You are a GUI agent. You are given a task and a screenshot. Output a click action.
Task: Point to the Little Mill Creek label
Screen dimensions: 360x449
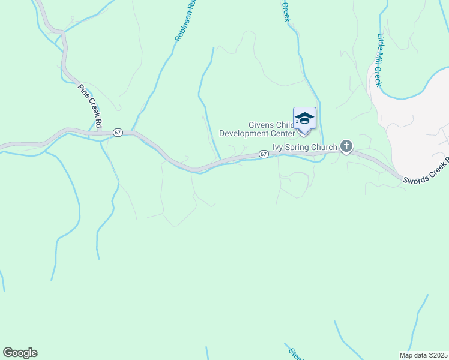(x=379, y=59)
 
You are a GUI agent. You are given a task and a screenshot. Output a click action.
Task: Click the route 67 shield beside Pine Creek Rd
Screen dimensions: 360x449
(x=118, y=132)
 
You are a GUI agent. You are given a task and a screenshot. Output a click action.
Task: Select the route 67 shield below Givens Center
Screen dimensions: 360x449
(x=264, y=154)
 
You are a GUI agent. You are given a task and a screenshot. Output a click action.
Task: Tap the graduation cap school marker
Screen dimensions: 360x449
(x=304, y=118)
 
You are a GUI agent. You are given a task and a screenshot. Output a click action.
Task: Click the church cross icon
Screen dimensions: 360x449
(x=346, y=146)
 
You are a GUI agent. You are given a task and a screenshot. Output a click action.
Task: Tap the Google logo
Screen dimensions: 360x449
(x=20, y=353)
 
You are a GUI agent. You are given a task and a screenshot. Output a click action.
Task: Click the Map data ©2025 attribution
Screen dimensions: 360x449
(x=423, y=355)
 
